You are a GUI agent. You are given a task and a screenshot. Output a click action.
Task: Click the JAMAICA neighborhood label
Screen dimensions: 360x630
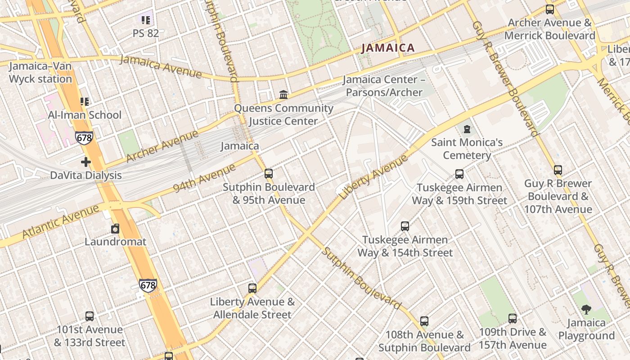387,48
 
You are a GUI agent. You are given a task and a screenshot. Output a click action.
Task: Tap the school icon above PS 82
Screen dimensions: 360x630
145,20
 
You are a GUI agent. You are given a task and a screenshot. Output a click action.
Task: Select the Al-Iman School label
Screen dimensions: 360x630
85,115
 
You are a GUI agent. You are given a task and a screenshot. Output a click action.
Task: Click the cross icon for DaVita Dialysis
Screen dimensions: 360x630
86,162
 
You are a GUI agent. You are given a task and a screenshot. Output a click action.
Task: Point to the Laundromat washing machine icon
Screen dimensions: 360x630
115,229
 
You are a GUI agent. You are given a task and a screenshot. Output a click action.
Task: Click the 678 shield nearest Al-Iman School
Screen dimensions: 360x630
84,138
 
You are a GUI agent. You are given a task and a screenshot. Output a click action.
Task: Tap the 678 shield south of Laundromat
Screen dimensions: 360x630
148,285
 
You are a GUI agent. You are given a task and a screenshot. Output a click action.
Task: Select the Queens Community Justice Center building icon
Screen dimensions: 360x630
283,95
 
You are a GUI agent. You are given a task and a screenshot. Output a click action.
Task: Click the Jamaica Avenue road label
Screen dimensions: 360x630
160,66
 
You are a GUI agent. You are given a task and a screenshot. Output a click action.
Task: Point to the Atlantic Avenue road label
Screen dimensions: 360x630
60,222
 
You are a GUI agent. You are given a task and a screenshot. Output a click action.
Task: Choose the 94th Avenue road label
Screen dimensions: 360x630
204,178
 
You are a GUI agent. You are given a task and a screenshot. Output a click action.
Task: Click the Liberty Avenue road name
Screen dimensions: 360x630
373,177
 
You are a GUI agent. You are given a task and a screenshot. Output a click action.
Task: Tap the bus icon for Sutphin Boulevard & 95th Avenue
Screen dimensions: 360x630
269,174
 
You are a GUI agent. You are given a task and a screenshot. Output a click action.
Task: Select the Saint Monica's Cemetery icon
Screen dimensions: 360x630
467,130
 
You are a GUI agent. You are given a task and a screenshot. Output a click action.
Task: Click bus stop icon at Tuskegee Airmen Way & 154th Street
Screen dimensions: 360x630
405,226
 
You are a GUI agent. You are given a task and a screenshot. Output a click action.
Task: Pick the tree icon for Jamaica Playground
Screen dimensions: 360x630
586,310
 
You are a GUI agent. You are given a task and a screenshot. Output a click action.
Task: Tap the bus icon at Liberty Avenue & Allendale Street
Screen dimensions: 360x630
252,288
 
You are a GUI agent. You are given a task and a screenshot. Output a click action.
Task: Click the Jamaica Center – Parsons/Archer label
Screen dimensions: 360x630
382,86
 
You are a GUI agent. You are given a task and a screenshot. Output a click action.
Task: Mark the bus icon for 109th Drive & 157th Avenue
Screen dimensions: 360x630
512,319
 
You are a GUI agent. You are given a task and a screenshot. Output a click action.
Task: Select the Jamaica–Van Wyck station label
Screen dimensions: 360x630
40,72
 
